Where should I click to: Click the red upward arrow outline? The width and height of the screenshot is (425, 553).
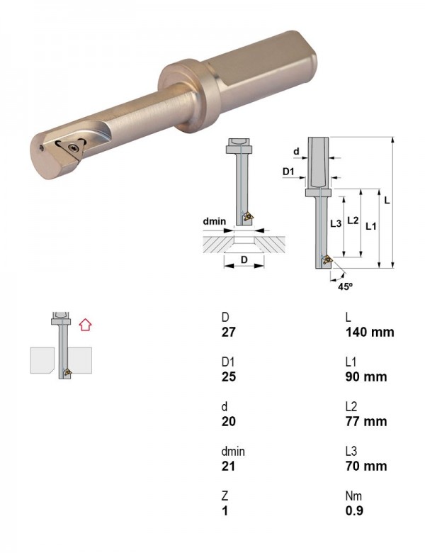click(85, 325)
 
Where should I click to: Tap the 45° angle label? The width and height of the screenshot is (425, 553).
click(345, 286)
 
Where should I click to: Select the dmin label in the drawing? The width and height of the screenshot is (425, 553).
click(214, 221)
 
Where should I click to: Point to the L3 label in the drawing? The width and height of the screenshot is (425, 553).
click(336, 223)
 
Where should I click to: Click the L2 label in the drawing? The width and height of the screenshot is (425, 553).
click(353, 220)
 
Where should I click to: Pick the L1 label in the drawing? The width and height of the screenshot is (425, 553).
click(370, 226)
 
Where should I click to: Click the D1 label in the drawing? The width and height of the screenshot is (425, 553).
click(288, 172)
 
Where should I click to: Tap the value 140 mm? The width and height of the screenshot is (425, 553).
click(370, 332)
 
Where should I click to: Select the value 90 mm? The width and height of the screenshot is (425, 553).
click(366, 376)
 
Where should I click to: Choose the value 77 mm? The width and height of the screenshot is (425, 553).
click(366, 421)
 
